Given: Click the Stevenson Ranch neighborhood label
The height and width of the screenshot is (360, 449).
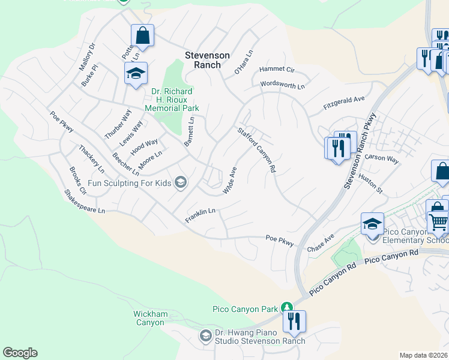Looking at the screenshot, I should (207, 60).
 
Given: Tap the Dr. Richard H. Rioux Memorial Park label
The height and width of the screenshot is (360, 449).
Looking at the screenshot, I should (172, 100).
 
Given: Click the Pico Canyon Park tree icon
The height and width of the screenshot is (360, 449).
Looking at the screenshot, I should (288, 308).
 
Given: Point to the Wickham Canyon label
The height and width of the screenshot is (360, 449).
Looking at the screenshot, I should (149, 318).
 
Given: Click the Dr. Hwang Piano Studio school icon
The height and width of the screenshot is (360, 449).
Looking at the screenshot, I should (206, 335).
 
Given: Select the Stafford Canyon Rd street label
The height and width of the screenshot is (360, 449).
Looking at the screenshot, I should (256, 150).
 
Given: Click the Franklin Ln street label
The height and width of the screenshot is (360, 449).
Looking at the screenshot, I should (200, 215).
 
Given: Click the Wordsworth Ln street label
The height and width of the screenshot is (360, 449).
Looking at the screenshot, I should (282, 85).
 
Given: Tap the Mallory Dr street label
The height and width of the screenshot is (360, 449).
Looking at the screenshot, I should (88, 56).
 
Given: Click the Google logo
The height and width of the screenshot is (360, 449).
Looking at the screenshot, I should (20, 353).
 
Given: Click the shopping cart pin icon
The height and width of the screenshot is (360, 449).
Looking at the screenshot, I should (439, 223).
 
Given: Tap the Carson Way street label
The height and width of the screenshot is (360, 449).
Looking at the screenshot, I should (382, 160).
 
